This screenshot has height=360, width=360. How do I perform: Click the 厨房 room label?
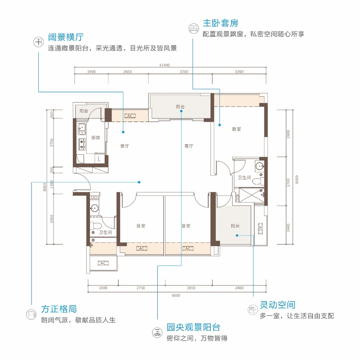tap(95, 138)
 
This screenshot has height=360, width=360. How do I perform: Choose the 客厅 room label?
tap(188, 146)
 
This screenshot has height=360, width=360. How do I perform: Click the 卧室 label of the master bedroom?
tap(237, 129)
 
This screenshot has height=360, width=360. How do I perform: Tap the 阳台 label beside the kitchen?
tap(84, 111)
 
